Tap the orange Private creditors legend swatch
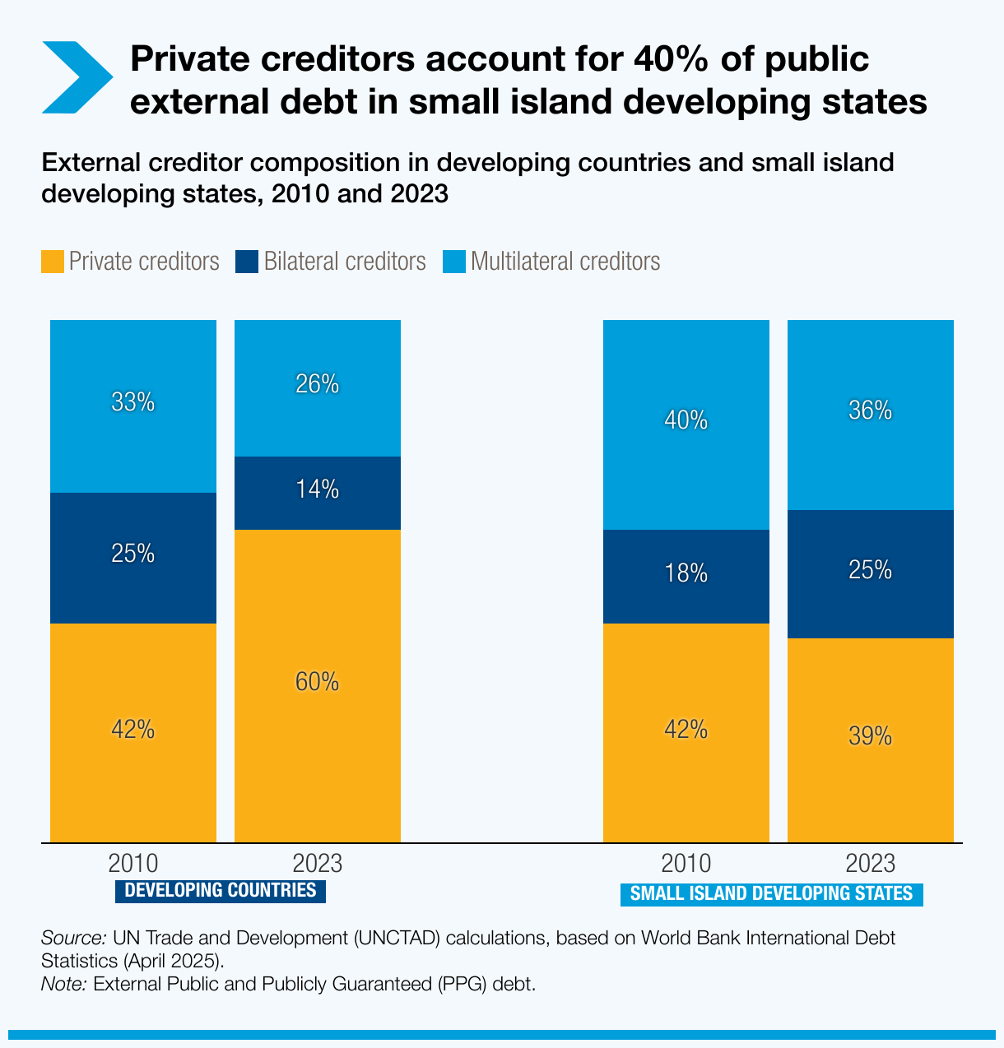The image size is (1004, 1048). click(x=53, y=262)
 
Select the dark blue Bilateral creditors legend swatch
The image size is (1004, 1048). click(x=247, y=262)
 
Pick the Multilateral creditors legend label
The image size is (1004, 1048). click(x=565, y=262)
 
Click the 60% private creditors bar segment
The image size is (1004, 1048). click(x=318, y=683)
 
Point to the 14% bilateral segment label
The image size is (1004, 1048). click(x=318, y=490)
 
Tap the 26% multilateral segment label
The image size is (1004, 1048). click(x=318, y=384)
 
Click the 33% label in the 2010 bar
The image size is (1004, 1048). click(x=133, y=402)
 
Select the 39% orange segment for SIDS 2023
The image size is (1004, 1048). click(x=871, y=737)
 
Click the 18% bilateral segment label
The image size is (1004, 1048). click(x=686, y=573)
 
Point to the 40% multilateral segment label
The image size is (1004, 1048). click(x=686, y=421)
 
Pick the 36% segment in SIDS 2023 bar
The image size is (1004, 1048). click(x=871, y=410)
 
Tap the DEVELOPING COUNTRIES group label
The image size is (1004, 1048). click(x=220, y=890)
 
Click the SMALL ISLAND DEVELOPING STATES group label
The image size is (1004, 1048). click(x=771, y=894)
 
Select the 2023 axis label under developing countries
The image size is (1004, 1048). click(x=318, y=864)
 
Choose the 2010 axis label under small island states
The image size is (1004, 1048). click(x=686, y=864)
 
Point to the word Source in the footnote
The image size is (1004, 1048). click(x=72, y=938)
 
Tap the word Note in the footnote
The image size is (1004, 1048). click(x=63, y=984)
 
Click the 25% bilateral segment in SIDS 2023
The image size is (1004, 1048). click(x=871, y=571)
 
